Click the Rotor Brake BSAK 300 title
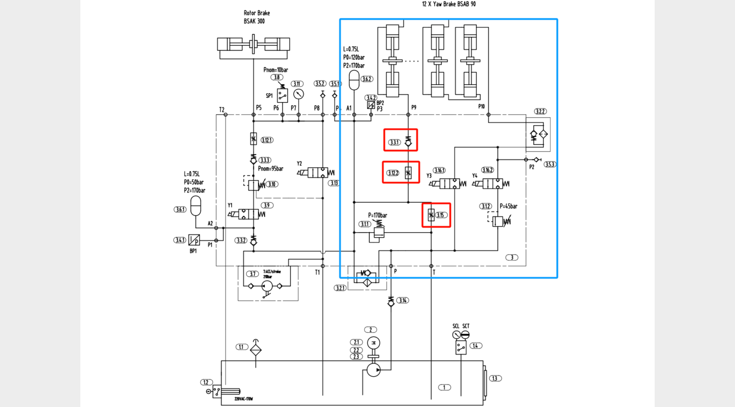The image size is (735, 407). pos(257,17)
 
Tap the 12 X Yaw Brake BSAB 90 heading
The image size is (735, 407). pos(449,4)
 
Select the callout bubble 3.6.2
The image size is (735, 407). pos(367,79)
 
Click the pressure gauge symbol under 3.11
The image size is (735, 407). pos(299,94)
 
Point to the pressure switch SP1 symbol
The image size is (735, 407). pos(282,96)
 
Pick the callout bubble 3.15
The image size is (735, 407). pos(440,215)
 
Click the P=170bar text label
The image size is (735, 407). pos(377,215)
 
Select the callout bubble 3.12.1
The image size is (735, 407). pos(267,140)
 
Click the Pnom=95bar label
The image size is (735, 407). pos(271,169)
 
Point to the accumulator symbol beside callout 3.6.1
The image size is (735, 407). pos(196,206)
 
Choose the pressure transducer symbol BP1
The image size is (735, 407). pos(194,240)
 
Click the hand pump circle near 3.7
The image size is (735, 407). pos(267,286)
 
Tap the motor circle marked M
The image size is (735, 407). pos(374,343)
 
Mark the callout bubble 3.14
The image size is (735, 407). pos(403,300)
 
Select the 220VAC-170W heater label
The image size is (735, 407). pos(244,399)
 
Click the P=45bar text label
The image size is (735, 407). pos(509,206)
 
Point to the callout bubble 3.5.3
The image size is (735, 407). pos(550,164)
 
